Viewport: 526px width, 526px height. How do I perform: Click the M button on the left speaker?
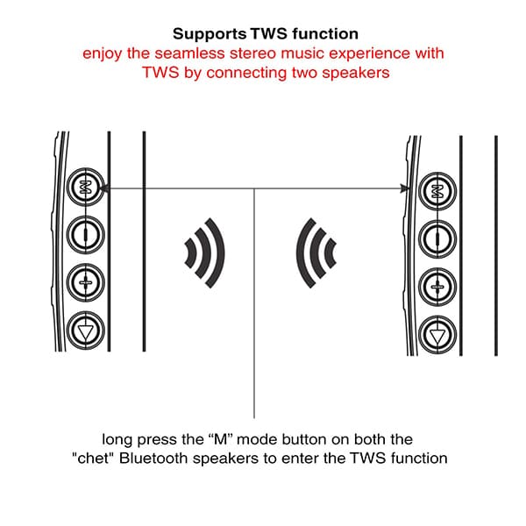click(85, 187)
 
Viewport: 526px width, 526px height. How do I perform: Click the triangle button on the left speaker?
click(85, 331)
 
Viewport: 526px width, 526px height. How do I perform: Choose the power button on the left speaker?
click(85, 233)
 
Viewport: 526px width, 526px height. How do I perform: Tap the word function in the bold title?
click(324, 34)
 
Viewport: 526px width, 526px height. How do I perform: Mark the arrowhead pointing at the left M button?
click(104, 188)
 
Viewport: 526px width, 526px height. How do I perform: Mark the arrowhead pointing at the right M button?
click(406, 188)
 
